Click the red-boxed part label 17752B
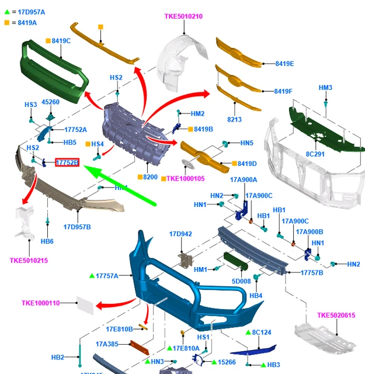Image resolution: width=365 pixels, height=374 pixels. coord(67,162)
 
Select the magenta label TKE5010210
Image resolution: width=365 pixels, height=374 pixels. coord(183,16)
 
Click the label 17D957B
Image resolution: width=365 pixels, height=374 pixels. coord(77,227)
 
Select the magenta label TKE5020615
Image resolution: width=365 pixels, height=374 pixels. coord(336,316)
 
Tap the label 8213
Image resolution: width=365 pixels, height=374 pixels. coord(234,119)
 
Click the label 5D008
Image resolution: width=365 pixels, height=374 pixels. coord(241,281)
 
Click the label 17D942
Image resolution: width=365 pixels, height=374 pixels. coord(180,234)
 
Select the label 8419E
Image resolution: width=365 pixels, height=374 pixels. coord(284,63)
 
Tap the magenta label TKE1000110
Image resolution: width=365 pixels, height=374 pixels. coord(41,303)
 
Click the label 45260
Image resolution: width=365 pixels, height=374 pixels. coord(50,102)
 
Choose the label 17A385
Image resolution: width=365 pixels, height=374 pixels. coord(107,344)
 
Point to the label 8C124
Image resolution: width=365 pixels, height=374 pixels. coord(262,333)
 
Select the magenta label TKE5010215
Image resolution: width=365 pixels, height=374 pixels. coord(29,261)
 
